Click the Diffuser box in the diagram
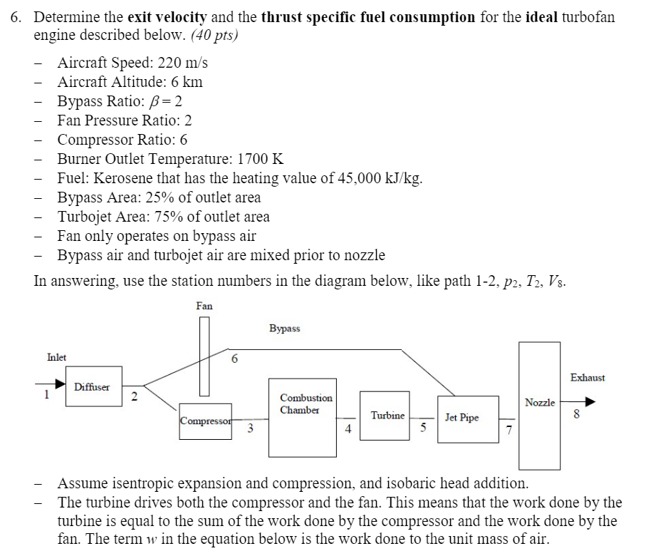(93, 387)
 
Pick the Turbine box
(385, 415)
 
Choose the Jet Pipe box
(462, 418)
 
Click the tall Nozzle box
(539, 403)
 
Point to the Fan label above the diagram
(204, 306)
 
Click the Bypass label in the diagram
(285, 329)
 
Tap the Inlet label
(57, 356)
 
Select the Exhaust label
(588, 378)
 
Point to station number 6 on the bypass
(234, 360)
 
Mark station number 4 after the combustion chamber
(348, 429)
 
